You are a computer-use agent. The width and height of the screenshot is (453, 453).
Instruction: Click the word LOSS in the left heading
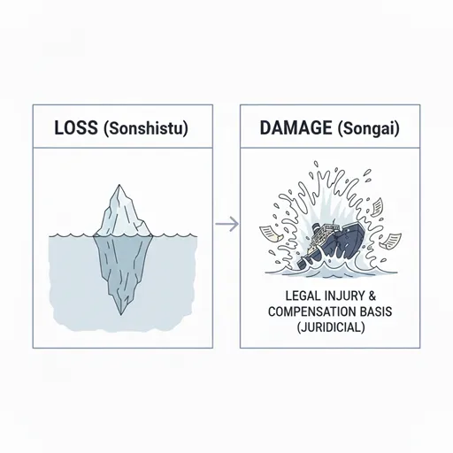pyautogui.click(x=76, y=128)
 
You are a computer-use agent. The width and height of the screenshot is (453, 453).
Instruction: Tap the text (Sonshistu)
pyautogui.click(x=146, y=128)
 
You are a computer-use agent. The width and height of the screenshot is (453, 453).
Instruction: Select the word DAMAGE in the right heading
pyautogui.click(x=296, y=127)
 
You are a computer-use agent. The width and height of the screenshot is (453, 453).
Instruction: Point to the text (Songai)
pyautogui.click(x=368, y=128)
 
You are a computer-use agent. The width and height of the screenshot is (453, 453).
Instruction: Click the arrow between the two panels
pyautogui.click(x=226, y=224)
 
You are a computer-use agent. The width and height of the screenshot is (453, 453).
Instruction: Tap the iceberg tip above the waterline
pyautogui.click(x=119, y=186)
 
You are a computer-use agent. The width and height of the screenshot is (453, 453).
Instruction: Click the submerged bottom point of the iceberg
pyautogui.click(x=120, y=314)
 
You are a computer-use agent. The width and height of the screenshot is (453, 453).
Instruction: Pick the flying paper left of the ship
pyautogui.click(x=271, y=234)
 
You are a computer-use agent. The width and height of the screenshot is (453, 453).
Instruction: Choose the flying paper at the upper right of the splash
pyautogui.click(x=376, y=207)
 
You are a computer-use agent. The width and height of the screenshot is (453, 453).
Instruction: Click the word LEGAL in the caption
pyautogui.click(x=301, y=296)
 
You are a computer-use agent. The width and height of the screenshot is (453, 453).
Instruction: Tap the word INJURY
pyautogui.click(x=342, y=296)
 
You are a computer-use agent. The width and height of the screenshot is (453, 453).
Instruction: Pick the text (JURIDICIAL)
pyautogui.click(x=330, y=327)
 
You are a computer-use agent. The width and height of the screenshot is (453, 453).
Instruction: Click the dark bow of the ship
pyautogui.click(x=361, y=236)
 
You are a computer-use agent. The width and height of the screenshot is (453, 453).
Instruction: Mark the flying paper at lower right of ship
pyautogui.click(x=390, y=241)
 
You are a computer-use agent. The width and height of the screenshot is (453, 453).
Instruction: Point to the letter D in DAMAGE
pyautogui.click(x=265, y=127)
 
